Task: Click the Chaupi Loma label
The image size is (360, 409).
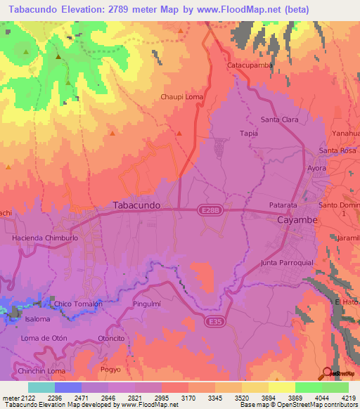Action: click(x=182, y=97)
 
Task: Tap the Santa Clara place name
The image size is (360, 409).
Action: click(x=279, y=120)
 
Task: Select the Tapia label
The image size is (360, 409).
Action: click(x=249, y=133)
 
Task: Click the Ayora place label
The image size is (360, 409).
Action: click(x=318, y=168)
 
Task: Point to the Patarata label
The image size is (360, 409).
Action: click(x=285, y=206)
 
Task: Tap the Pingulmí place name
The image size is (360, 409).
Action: click(x=147, y=304)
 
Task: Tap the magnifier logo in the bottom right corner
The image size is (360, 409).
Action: click(x=326, y=373)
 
